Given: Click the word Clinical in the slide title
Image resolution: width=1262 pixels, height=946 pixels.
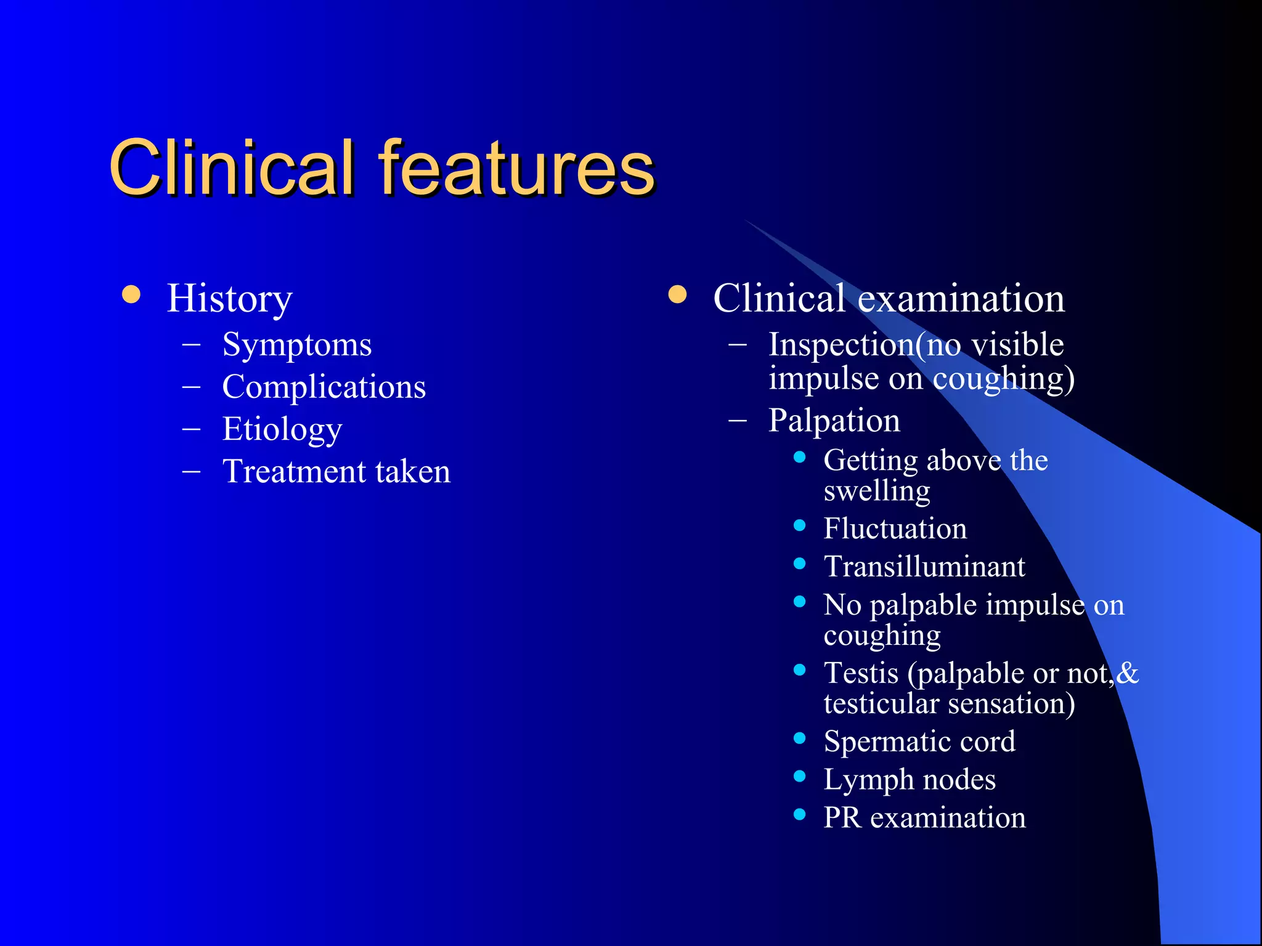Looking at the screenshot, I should (x=232, y=168).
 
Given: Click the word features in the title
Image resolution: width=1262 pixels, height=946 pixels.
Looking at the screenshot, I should (x=516, y=168).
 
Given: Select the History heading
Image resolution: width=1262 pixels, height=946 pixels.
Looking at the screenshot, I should (x=229, y=299).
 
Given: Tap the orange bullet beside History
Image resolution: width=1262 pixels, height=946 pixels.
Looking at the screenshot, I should (x=131, y=294).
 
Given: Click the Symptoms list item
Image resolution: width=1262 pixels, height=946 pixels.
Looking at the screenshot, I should (x=296, y=345).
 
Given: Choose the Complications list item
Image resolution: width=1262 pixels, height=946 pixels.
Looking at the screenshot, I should (x=324, y=387).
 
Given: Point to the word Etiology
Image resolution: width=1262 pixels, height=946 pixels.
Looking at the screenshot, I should (x=282, y=429).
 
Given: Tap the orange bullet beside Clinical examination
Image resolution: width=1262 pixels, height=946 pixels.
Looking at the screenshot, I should (x=677, y=294).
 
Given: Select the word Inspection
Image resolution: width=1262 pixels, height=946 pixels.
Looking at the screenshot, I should (x=842, y=344).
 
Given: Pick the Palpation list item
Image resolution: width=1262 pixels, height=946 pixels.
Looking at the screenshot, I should (x=834, y=421).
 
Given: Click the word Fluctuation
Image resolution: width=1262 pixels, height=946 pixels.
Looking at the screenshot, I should (x=895, y=528).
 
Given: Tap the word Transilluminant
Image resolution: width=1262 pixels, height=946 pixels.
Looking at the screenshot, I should (x=924, y=567).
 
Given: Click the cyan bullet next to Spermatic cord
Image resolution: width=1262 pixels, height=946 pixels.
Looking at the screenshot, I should (x=800, y=738).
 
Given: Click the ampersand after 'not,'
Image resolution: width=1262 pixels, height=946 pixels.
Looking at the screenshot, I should (x=1127, y=673).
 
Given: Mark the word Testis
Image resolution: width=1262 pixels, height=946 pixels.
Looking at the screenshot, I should (x=861, y=673).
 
